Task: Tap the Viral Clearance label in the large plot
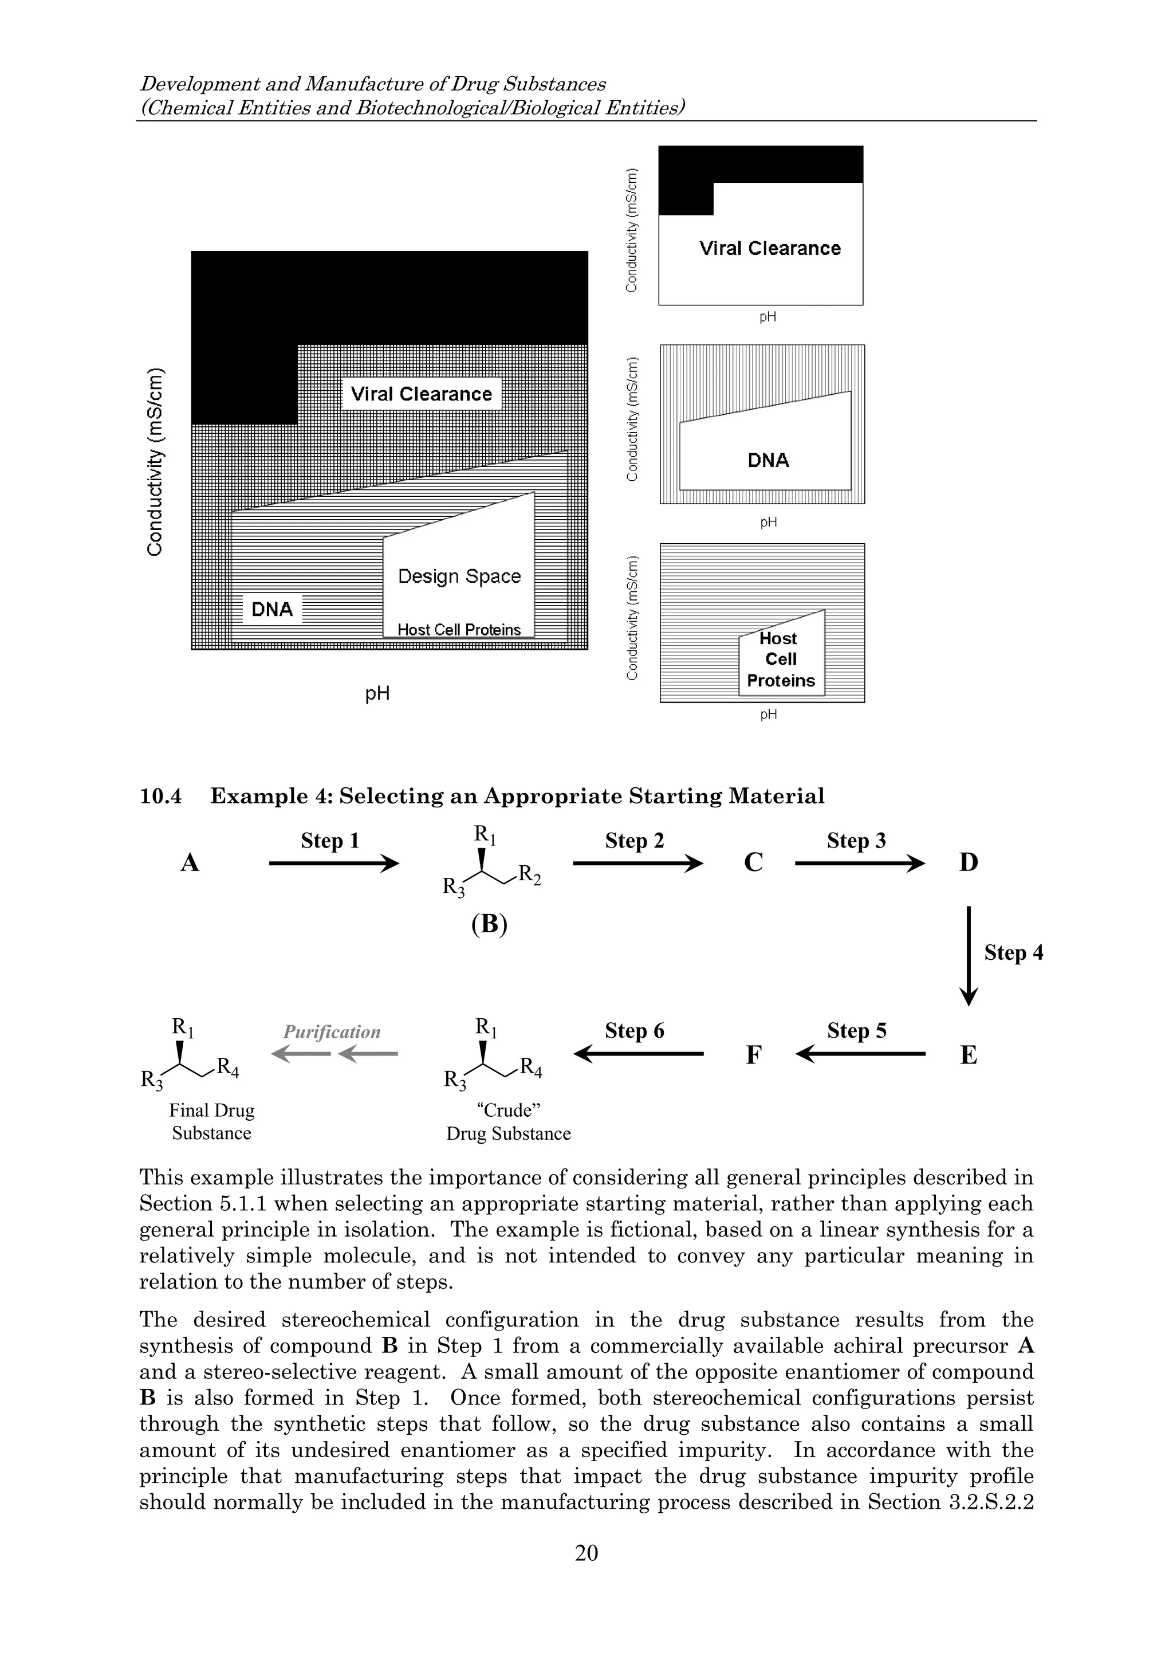tap(420, 394)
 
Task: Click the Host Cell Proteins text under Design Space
tap(458, 630)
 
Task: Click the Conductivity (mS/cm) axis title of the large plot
tap(155, 463)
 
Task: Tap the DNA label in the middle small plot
tap(767, 461)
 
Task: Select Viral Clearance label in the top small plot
tap(769, 249)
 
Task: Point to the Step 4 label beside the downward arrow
tap(1013, 953)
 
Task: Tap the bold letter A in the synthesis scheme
tap(190, 862)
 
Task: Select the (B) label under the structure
tap(489, 925)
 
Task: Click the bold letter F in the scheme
tap(753, 1055)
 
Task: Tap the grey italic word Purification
tap(331, 1032)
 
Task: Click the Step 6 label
tap(634, 1031)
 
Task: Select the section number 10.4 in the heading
tap(160, 796)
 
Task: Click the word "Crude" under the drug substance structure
tap(508, 1110)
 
